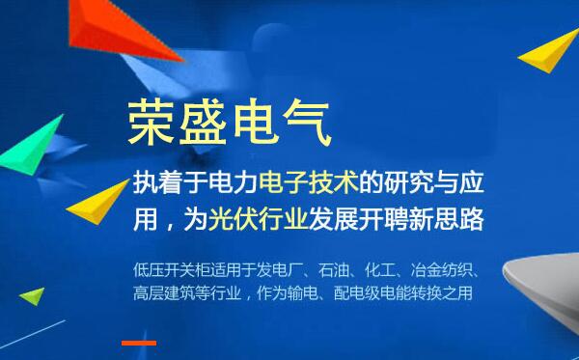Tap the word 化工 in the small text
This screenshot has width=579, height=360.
[392, 268]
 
